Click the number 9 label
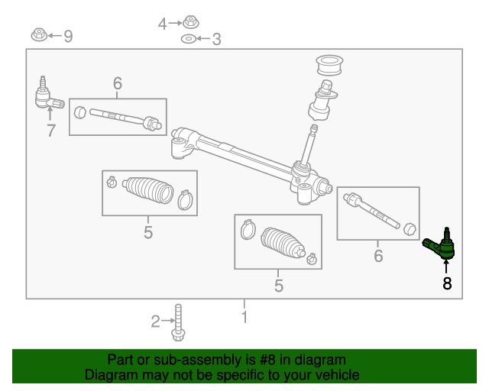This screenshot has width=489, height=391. point(68,36)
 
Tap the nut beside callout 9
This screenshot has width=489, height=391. point(38,34)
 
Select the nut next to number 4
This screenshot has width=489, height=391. point(190,23)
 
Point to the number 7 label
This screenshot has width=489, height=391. point(50,131)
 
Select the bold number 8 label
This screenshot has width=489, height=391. point(447,284)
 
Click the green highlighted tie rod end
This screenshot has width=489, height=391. point(442,245)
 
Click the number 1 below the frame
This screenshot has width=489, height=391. point(244,316)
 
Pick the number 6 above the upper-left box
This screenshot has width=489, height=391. point(117,83)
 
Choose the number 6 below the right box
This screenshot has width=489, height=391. point(378,257)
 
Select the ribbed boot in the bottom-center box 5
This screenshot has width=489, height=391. point(283,242)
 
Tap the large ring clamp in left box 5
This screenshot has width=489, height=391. point(184,200)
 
